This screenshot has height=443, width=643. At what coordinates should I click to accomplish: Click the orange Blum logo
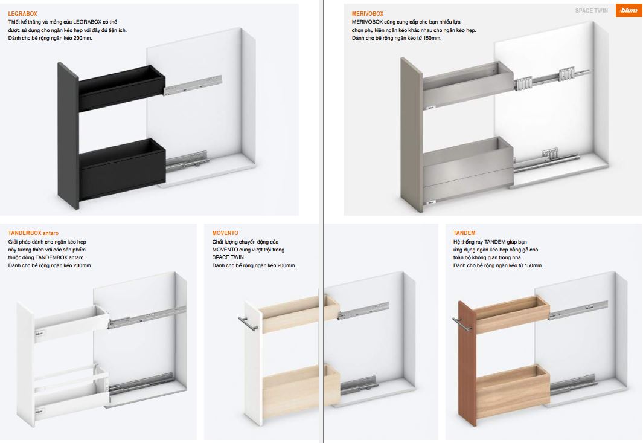click(629, 10)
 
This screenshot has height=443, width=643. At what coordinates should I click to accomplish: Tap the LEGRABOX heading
click(22, 14)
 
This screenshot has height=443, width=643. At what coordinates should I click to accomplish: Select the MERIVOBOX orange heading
click(368, 14)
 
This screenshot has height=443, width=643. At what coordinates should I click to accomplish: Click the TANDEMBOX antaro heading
click(33, 233)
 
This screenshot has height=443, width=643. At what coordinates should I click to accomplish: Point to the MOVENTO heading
click(225, 233)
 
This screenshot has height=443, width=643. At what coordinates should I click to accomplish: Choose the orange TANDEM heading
click(464, 233)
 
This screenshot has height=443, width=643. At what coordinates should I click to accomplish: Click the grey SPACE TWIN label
click(591, 11)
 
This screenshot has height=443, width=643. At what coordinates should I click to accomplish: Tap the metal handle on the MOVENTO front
click(248, 323)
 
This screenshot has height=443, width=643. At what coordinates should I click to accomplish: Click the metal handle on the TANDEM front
click(461, 323)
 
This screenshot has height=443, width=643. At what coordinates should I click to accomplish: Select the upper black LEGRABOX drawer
click(122, 88)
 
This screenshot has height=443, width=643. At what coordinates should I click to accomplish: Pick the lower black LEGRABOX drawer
click(122, 169)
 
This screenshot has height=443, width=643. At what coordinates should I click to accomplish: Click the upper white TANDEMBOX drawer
click(72, 323)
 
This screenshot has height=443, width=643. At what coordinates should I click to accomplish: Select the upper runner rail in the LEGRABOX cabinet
click(193, 85)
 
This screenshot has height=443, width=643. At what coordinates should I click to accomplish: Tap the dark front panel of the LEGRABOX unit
click(68, 135)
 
